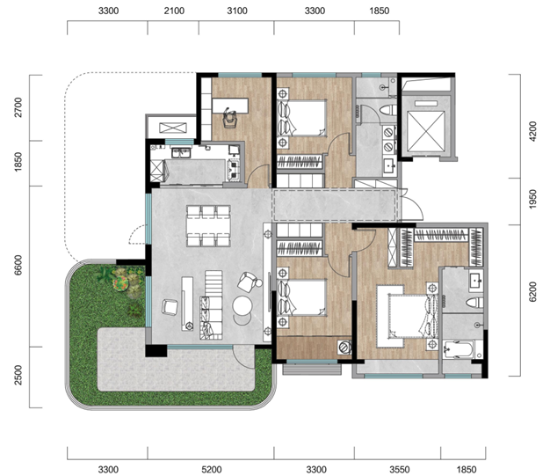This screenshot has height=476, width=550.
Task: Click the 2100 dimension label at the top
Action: [174, 11]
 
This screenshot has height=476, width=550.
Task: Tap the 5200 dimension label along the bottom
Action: [212, 469]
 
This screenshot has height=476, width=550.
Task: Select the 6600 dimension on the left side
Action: [18, 265]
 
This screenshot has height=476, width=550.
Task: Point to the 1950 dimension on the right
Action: [532, 199]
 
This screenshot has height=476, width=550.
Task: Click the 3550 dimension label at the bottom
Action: [399, 469]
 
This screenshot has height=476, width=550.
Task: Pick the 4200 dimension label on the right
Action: [532, 131]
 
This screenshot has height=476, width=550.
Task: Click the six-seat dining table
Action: [208, 226]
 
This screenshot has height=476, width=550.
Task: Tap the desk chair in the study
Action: [229, 117]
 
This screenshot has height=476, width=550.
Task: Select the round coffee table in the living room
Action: [242, 306]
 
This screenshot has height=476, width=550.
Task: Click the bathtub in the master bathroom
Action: [458, 349]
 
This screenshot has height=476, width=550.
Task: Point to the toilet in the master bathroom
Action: [474, 303]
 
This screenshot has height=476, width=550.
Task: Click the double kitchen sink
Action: [181, 153]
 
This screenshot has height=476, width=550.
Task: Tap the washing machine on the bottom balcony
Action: [344, 347]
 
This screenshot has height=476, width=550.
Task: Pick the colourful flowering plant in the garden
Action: [120, 283]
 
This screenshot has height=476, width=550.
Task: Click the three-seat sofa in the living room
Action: [211, 318]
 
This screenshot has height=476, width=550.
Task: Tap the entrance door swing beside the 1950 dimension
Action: [413, 205]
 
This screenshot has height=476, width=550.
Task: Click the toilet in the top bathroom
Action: [388, 110]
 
